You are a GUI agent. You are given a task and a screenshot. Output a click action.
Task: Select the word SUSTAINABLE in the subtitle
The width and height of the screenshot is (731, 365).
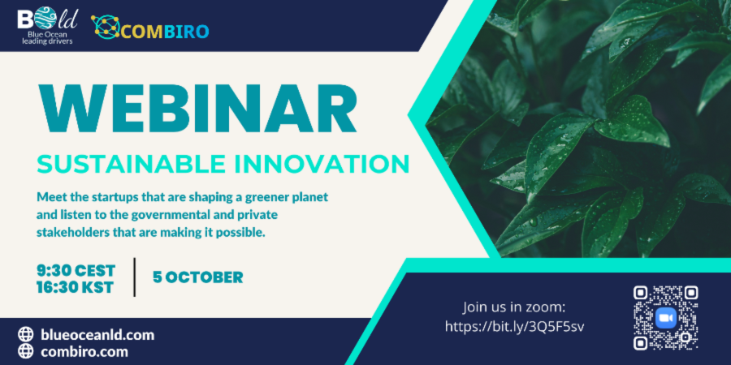pos(123,164)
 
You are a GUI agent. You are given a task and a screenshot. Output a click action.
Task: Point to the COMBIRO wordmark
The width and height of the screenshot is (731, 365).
pos(167,31)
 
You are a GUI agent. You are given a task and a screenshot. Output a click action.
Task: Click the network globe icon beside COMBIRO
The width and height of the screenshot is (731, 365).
pos(106,27)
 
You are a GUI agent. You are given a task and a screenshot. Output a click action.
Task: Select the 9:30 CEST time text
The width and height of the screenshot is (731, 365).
pos(76,270)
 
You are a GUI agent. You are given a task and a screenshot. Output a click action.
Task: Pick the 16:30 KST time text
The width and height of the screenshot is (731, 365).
pos(75,287)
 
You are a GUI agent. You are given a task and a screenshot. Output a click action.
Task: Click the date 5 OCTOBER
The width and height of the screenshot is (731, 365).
pos(197,277)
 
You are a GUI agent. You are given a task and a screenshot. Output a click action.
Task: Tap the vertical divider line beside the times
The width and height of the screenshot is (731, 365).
pos(135,277)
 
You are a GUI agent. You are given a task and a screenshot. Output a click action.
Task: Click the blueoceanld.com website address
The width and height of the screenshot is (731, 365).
pos(97,335)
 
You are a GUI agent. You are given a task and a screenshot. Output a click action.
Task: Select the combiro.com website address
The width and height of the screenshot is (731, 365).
pos(84,351)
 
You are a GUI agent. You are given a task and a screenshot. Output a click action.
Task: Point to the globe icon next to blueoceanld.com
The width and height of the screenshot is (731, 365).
pos(26,335)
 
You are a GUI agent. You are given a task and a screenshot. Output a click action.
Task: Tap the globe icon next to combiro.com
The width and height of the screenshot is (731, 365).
pos(26,351)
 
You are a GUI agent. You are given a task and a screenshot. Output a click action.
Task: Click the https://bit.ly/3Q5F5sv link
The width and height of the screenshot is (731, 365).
pos(514,327)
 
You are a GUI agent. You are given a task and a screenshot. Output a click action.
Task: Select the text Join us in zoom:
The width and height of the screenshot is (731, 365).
pos(514,307)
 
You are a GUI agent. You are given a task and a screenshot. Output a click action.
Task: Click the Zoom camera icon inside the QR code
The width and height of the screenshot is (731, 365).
pos(666,318)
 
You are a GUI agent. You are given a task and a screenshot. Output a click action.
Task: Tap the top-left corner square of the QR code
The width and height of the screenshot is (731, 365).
pos(641,293)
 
